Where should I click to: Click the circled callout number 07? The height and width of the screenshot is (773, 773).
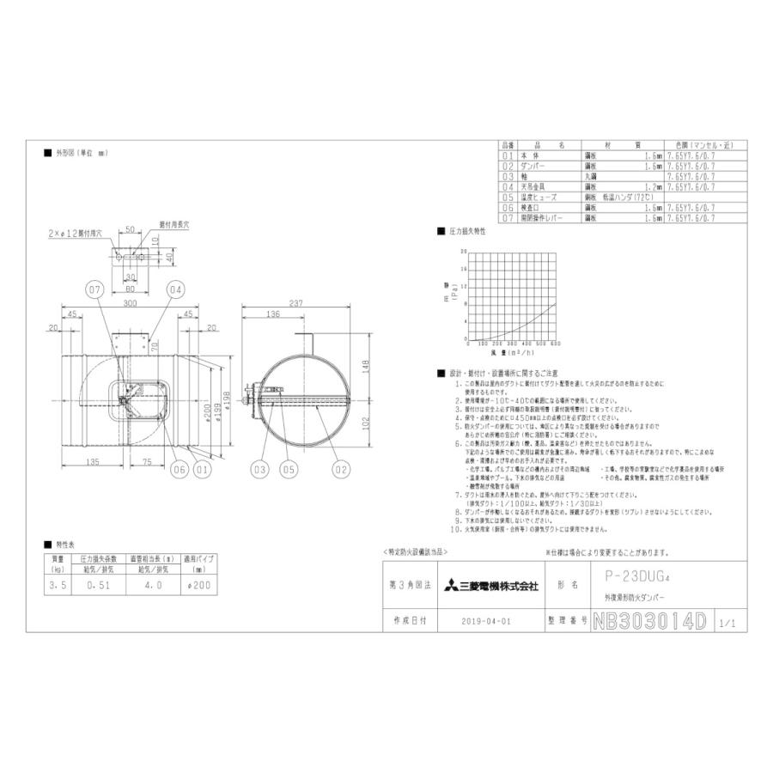click(x=95, y=290)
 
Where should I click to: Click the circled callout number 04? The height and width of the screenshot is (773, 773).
click(x=175, y=290)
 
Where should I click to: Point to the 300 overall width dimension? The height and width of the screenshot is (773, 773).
click(x=131, y=305)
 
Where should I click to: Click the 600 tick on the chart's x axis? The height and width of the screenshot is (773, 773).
click(x=557, y=344)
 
